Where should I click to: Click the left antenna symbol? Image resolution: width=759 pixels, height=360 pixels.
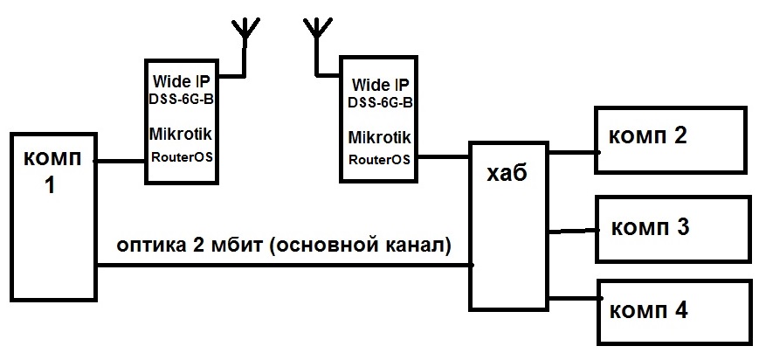pyautogui.click(x=246, y=31)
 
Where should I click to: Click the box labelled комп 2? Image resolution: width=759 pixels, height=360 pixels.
pyautogui.click(x=673, y=140)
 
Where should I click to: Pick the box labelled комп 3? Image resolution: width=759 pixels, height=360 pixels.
pyautogui.click(x=673, y=229)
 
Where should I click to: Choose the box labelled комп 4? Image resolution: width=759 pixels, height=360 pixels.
pyautogui.click(x=673, y=312)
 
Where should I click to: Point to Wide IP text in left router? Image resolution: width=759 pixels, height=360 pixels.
pyautogui.click(x=180, y=80)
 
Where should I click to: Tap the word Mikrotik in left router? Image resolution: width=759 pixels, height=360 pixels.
pyautogui.click(x=181, y=137)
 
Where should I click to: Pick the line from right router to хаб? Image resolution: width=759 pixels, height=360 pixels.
pyautogui.click(x=442, y=157)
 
